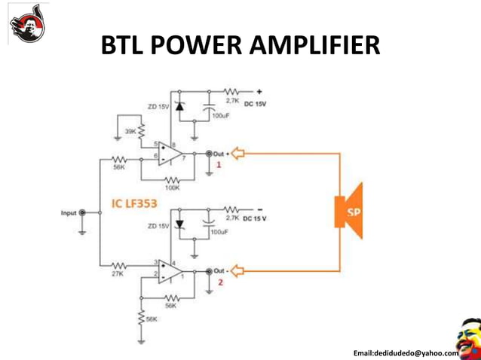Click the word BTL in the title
point(124,47)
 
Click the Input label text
point(69,213)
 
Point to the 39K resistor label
point(130,131)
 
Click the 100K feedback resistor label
point(172,188)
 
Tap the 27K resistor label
point(117,275)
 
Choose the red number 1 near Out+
point(219,164)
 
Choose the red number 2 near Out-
point(221,282)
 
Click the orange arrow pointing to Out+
point(237,154)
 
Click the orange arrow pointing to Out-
point(237,270)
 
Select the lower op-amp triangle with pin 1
point(170,270)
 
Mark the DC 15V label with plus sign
point(256,103)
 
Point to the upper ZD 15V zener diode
point(179,107)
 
